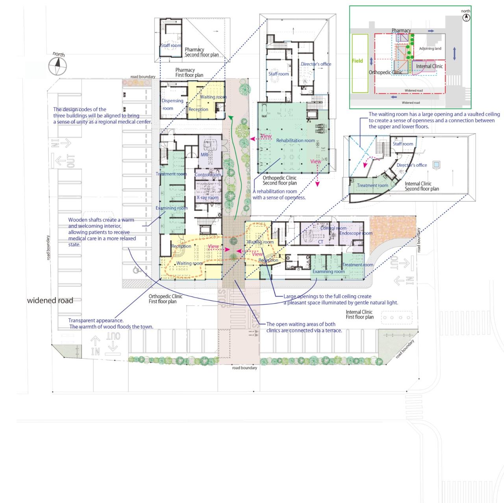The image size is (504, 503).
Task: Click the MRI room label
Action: tap(204, 155)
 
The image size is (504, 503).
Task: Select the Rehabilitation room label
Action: tap(295, 141)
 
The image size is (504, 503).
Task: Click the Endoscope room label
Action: tap(356, 233)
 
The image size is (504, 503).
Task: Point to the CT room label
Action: tap(321, 242)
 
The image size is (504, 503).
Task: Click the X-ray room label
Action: tap(208, 197)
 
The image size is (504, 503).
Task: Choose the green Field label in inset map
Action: tap(358, 61)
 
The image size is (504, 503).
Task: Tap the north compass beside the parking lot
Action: tap(57, 65)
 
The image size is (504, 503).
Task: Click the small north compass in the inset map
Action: tap(466, 17)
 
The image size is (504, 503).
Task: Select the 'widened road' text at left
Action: tap(50, 301)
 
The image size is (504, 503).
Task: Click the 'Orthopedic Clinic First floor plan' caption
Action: tap(165, 299)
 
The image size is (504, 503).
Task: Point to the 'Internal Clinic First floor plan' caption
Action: tap(359, 315)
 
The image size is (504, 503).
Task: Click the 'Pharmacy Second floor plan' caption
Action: tap(201, 52)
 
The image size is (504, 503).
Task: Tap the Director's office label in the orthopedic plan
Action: tap(316, 64)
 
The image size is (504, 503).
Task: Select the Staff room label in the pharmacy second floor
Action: tap(171, 46)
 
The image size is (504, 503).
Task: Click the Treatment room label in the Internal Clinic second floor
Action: tap(372, 185)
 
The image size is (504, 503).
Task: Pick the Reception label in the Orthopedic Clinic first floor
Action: tap(181, 246)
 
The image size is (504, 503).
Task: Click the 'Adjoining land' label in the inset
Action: tap(430, 48)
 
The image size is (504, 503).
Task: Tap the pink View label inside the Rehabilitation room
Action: tap(315, 161)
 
